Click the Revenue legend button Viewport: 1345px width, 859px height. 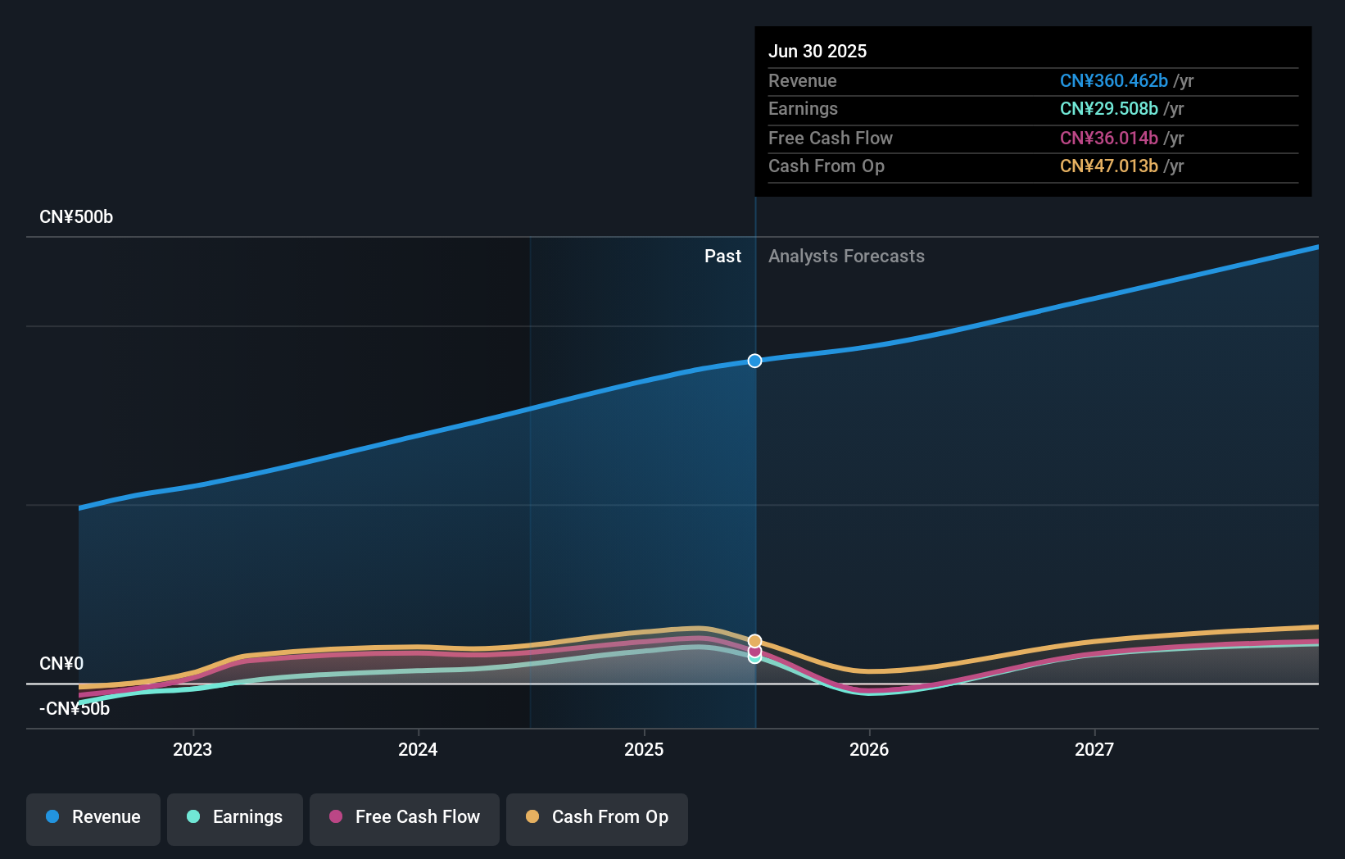pyautogui.click(x=93, y=817)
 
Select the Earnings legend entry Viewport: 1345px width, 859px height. pyautogui.click(x=235, y=817)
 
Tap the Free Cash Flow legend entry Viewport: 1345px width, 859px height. pyautogui.click(x=405, y=817)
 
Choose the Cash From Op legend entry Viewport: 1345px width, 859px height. pyautogui.click(x=597, y=817)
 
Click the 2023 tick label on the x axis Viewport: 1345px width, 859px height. pyautogui.click(x=192, y=750)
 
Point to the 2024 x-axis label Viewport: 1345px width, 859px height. pyautogui.click(x=418, y=750)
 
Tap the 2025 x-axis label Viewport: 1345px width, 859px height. pyautogui.click(x=644, y=750)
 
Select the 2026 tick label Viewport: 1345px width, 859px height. pyautogui.click(x=869, y=750)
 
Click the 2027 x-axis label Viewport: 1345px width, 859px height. pyautogui.click(x=1094, y=750)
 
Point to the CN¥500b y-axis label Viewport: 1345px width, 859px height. pyautogui.click(x=76, y=217)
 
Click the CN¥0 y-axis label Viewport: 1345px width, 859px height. pyautogui.click(x=61, y=664)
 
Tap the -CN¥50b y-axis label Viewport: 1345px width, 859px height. pyautogui.click(x=75, y=709)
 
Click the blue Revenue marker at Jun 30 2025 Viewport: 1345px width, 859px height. pyautogui.click(x=754, y=361)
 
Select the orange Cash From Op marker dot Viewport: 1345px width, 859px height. pyautogui.click(x=754, y=641)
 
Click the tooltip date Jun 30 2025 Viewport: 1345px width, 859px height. pyautogui.click(x=817, y=52)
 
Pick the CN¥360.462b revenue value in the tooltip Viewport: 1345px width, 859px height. pyautogui.click(x=1113, y=81)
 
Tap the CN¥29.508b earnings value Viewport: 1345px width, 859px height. pyautogui.click(x=1108, y=109)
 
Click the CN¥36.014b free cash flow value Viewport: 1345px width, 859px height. pyautogui.click(x=1108, y=139)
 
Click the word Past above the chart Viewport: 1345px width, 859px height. pyautogui.click(x=722, y=257)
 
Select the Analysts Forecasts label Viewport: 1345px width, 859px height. pyautogui.click(x=846, y=257)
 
